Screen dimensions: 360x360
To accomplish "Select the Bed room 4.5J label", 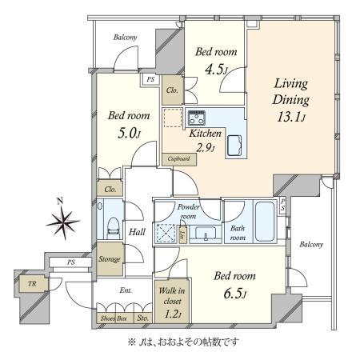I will [x=212, y=59].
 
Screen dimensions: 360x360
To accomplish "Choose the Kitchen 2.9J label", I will [x=205, y=141].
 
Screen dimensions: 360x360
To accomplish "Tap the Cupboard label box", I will [x=179, y=159].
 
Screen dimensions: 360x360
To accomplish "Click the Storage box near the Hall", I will [x=110, y=259].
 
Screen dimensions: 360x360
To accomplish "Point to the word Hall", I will [x=137, y=231].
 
